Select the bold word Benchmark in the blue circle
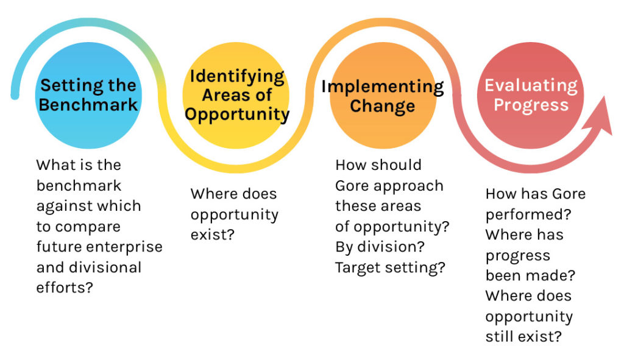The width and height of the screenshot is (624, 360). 88,105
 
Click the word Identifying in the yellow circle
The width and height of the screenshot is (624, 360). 237,77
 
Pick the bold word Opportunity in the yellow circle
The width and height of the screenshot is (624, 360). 237,115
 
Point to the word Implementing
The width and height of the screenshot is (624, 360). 383,87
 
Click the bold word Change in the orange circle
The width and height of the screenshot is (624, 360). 383,106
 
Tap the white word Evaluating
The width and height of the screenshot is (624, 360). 531,86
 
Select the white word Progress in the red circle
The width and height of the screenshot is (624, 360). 531,105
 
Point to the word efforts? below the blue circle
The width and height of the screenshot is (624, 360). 65,287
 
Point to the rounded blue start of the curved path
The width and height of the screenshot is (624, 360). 15,95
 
